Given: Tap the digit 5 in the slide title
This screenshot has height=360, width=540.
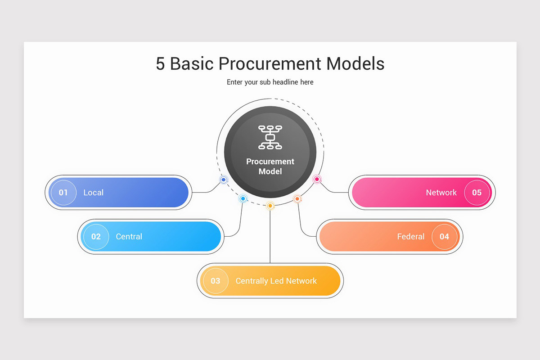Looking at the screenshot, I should pyautogui.click(x=161, y=64).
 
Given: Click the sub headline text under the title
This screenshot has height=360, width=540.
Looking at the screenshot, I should pyautogui.click(x=270, y=82).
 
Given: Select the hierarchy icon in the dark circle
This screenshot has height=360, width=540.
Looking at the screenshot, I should pyautogui.click(x=270, y=137).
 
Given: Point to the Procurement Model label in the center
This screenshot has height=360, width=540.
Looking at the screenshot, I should pyautogui.click(x=270, y=166).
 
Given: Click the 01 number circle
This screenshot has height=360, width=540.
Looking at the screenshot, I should pyautogui.click(x=63, y=193).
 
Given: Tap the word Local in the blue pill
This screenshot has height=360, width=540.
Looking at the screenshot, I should pyautogui.click(x=94, y=193).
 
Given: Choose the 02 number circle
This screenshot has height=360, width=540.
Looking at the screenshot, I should pyautogui.click(x=96, y=237).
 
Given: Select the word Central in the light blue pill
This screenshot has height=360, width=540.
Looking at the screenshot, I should pyautogui.click(x=129, y=237).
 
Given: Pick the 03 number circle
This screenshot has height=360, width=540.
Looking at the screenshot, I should pyautogui.click(x=216, y=281).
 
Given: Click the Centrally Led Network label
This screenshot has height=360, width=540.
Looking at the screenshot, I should pyautogui.click(x=276, y=281).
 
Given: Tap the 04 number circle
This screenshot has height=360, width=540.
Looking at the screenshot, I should pyautogui.click(x=444, y=237).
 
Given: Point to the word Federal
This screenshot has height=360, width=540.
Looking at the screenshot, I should pyautogui.click(x=411, y=237).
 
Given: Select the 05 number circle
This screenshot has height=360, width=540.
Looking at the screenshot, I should pyautogui.click(x=477, y=193).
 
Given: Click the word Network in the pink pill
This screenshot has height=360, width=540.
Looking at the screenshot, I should pyautogui.click(x=441, y=193).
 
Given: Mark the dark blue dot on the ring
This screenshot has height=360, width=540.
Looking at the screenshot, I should pyautogui.click(x=224, y=180).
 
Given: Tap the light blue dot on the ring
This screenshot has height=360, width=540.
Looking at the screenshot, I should pyautogui.click(x=243, y=198).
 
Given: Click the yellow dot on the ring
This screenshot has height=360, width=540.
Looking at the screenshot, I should pyautogui.click(x=270, y=206).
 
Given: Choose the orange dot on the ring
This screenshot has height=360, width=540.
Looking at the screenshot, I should pyautogui.click(x=297, y=199).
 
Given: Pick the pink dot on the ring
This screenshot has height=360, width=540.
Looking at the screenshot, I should pyautogui.click(x=317, y=180).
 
